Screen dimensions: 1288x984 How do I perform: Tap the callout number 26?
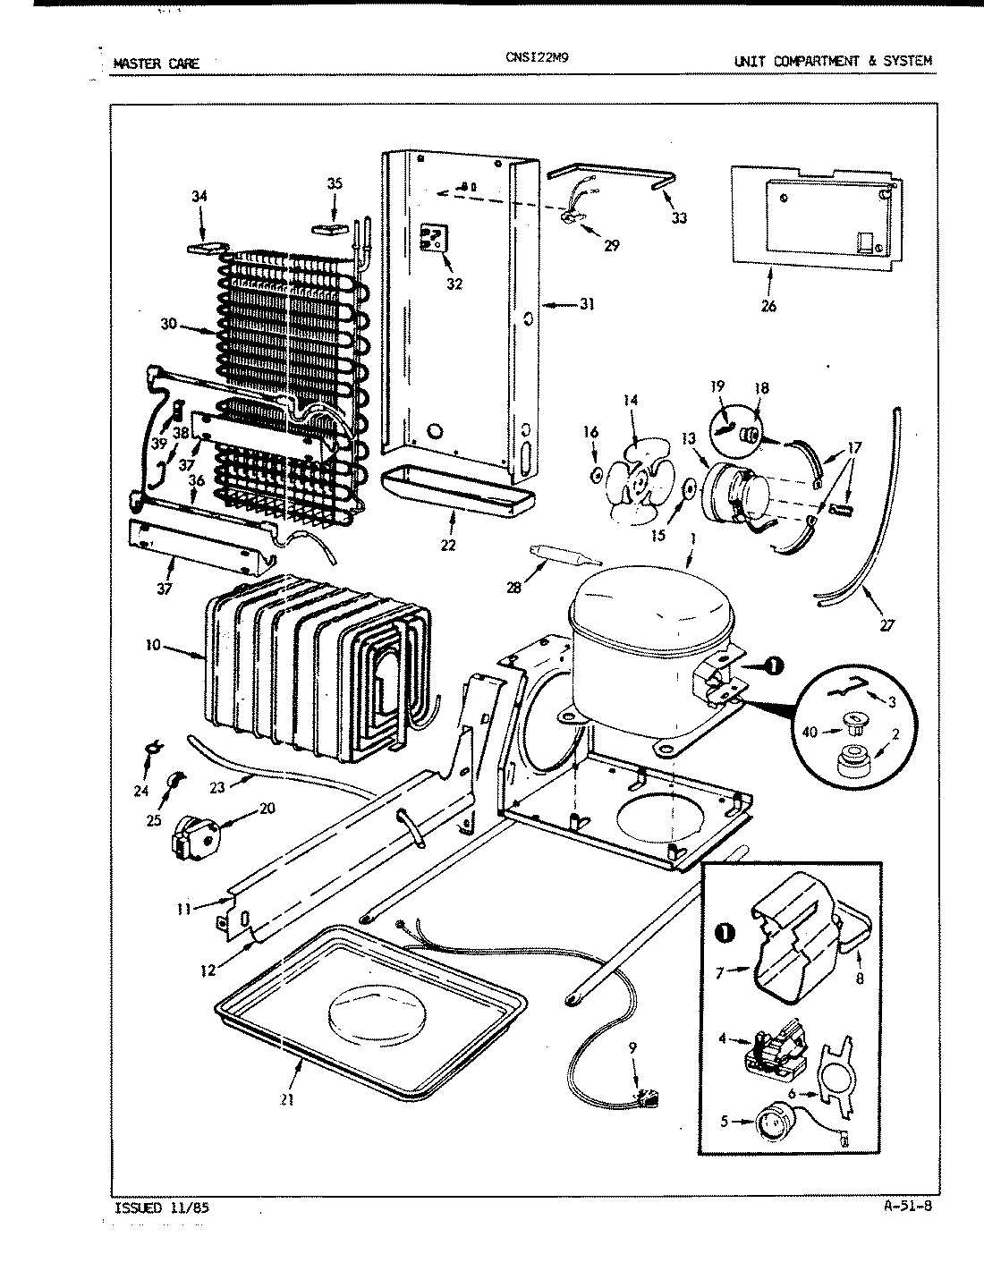[x=768, y=306]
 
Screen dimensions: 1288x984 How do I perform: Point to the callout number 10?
[x=154, y=644]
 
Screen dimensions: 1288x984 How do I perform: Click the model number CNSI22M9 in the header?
[x=537, y=57]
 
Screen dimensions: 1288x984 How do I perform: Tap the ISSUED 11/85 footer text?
[x=164, y=1207]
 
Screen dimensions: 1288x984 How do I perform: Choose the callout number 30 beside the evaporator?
[x=169, y=324]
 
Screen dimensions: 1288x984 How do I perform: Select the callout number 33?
[x=679, y=217]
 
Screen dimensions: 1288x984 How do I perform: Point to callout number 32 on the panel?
[x=454, y=284]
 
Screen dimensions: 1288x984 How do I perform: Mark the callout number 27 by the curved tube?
[x=886, y=625]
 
